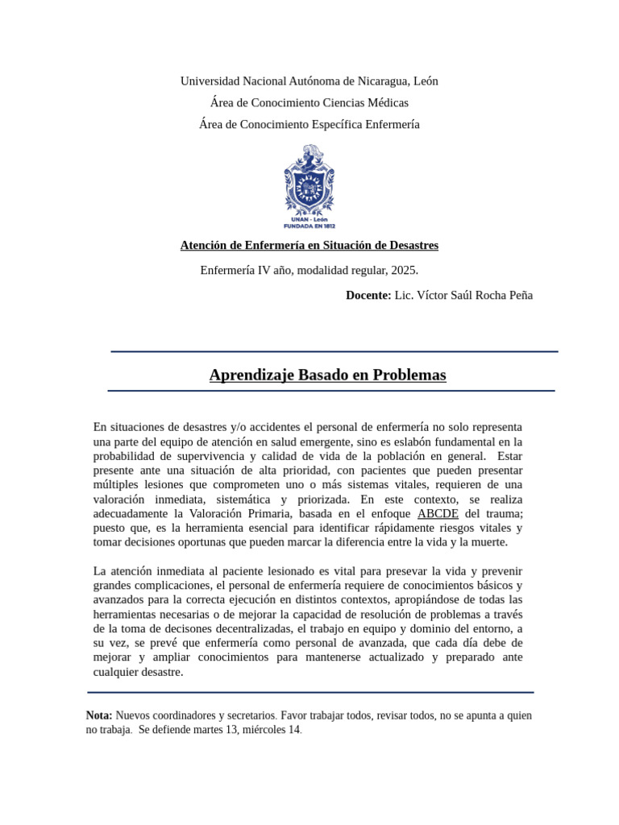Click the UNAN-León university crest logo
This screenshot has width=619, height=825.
(x=309, y=178)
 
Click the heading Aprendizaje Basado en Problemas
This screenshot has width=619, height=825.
(x=327, y=375)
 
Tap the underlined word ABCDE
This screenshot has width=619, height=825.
(x=438, y=513)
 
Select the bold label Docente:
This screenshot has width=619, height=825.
(x=368, y=296)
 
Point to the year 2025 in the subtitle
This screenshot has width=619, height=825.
(x=403, y=270)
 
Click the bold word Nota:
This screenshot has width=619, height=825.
(x=99, y=715)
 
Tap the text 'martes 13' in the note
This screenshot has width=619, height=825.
(x=207, y=730)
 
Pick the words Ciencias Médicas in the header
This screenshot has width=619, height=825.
(x=366, y=102)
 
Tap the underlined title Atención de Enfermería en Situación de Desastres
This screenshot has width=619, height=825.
(x=309, y=245)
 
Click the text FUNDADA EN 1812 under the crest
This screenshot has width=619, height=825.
(x=309, y=226)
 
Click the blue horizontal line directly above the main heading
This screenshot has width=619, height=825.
(x=334, y=351)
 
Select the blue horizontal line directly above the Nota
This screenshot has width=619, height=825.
(x=310, y=692)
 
